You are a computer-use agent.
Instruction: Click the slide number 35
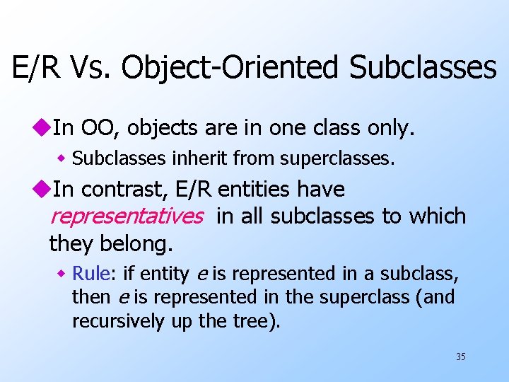[x=460, y=357]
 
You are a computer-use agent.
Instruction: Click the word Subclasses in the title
[x=422, y=67]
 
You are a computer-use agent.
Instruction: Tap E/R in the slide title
[x=35, y=67]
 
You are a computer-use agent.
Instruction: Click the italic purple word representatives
[x=126, y=216]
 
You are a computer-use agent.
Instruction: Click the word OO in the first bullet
[x=95, y=128]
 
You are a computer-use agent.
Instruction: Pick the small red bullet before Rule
[x=62, y=274]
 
